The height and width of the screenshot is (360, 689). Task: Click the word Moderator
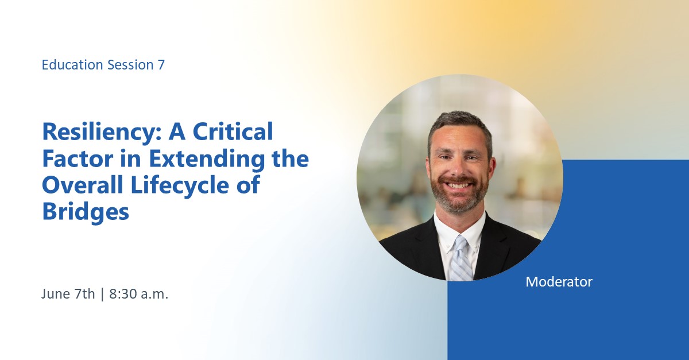click(x=559, y=282)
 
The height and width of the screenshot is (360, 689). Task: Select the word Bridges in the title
click(x=86, y=212)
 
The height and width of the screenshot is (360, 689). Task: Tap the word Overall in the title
click(x=80, y=186)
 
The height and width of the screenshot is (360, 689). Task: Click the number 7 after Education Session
click(x=161, y=65)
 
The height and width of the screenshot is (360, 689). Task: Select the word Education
click(x=73, y=65)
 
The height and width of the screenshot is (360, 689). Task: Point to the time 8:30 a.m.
click(x=139, y=295)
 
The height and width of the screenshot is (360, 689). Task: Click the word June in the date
click(x=55, y=295)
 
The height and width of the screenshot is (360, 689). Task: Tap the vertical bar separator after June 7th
click(x=102, y=295)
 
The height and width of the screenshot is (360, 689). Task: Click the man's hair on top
click(x=459, y=119)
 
